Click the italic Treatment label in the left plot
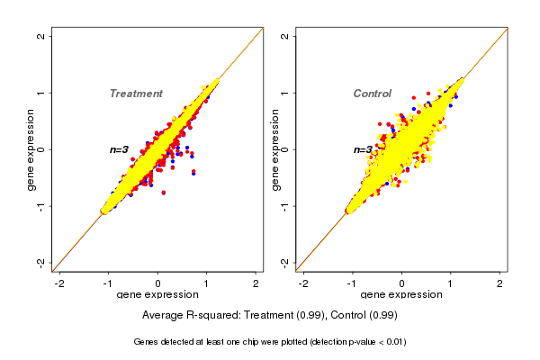tap(136, 94)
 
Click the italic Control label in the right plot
tap(372, 94)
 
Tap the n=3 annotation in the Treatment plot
tap(120, 149)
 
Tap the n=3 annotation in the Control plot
tap(363, 149)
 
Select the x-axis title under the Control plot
tap(400, 295)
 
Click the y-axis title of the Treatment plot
tap(31, 149)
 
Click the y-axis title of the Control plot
tap(275, 149)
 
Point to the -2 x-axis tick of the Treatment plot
tap(60, 283)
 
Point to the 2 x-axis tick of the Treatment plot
tap(256, 283)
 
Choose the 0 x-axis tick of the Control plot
tap(402, 283)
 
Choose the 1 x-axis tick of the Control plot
tap(451, 283)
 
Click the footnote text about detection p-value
tap(270, 342)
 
